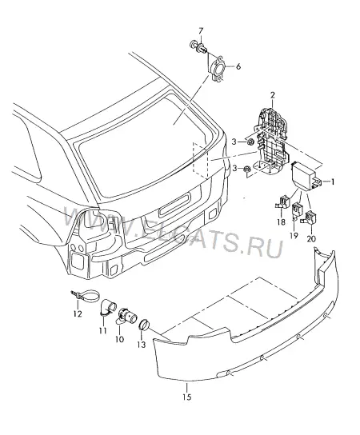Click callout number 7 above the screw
(x=201, y=30)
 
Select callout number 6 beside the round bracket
(x=238, y=66)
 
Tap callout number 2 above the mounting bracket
(x=273, y=95)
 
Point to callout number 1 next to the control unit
(x=333, y=182)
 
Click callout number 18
(x=281, y=222)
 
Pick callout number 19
(x=294, y=236)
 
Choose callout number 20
(x=311, y=238)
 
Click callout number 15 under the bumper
(x=187, y=397)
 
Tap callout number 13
(x=142, y=345)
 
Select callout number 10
(x=119, y=339)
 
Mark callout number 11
(x=103, y=331)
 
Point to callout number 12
(x=78, y=314)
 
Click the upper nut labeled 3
(x=250, y=142)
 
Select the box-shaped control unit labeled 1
(x=306, y=177)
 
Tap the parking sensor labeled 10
(x=126, y=317)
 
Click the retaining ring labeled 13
(x=144, y=325)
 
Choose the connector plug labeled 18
(x=283, y=202)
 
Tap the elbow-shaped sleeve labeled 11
(x=106, y=307)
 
